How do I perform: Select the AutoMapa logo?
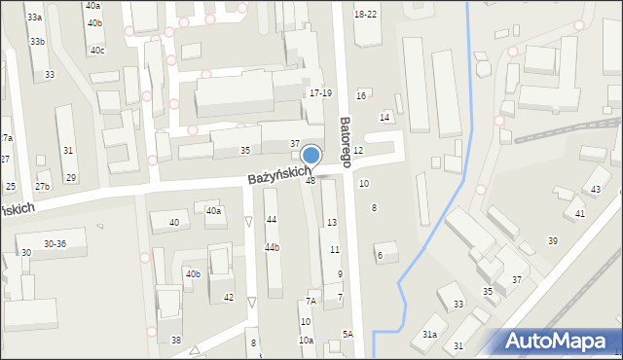click(559, 341)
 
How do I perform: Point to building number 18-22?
click(366, 14)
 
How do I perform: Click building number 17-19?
click(320, 93)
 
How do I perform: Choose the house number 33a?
click(35, 18)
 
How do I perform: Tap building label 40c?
click(97, 50)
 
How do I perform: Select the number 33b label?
click(37, 41)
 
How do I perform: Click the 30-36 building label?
click(55, 243)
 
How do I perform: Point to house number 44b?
click(272, 247)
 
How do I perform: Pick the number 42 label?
click(229, 298)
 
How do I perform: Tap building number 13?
click(332, 223)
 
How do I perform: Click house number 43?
click(596, 188)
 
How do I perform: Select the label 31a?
click(429, 334)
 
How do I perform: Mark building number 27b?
click(42, 186)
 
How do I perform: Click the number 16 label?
click(361, 95)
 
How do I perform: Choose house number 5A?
click(348, 334)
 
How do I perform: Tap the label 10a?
click(306, 340)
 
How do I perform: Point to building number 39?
click(553, 240)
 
